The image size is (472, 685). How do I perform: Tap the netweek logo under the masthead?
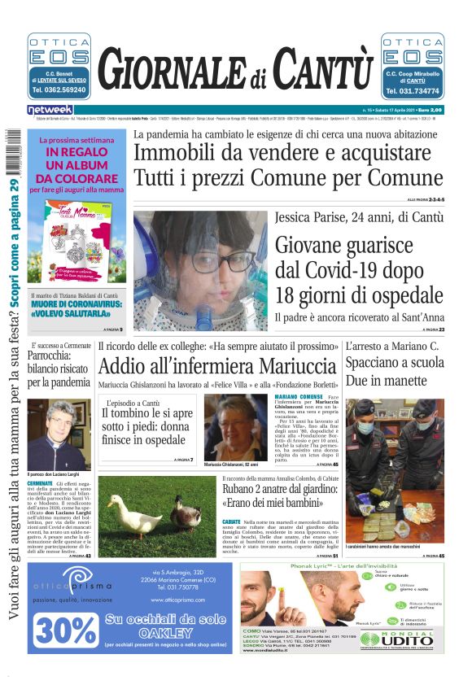pyautogui.click(x=50, y=110)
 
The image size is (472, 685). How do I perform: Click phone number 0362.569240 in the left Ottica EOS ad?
pyautogui.click(x=59, y=89)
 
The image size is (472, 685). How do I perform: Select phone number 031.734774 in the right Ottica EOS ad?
pyautogui.click(x=413, y=90)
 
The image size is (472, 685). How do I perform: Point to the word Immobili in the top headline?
pyautogui.click(x=171, y=154)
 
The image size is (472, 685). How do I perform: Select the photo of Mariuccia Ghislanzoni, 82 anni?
pyautogui.click(x=235, y=428)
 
